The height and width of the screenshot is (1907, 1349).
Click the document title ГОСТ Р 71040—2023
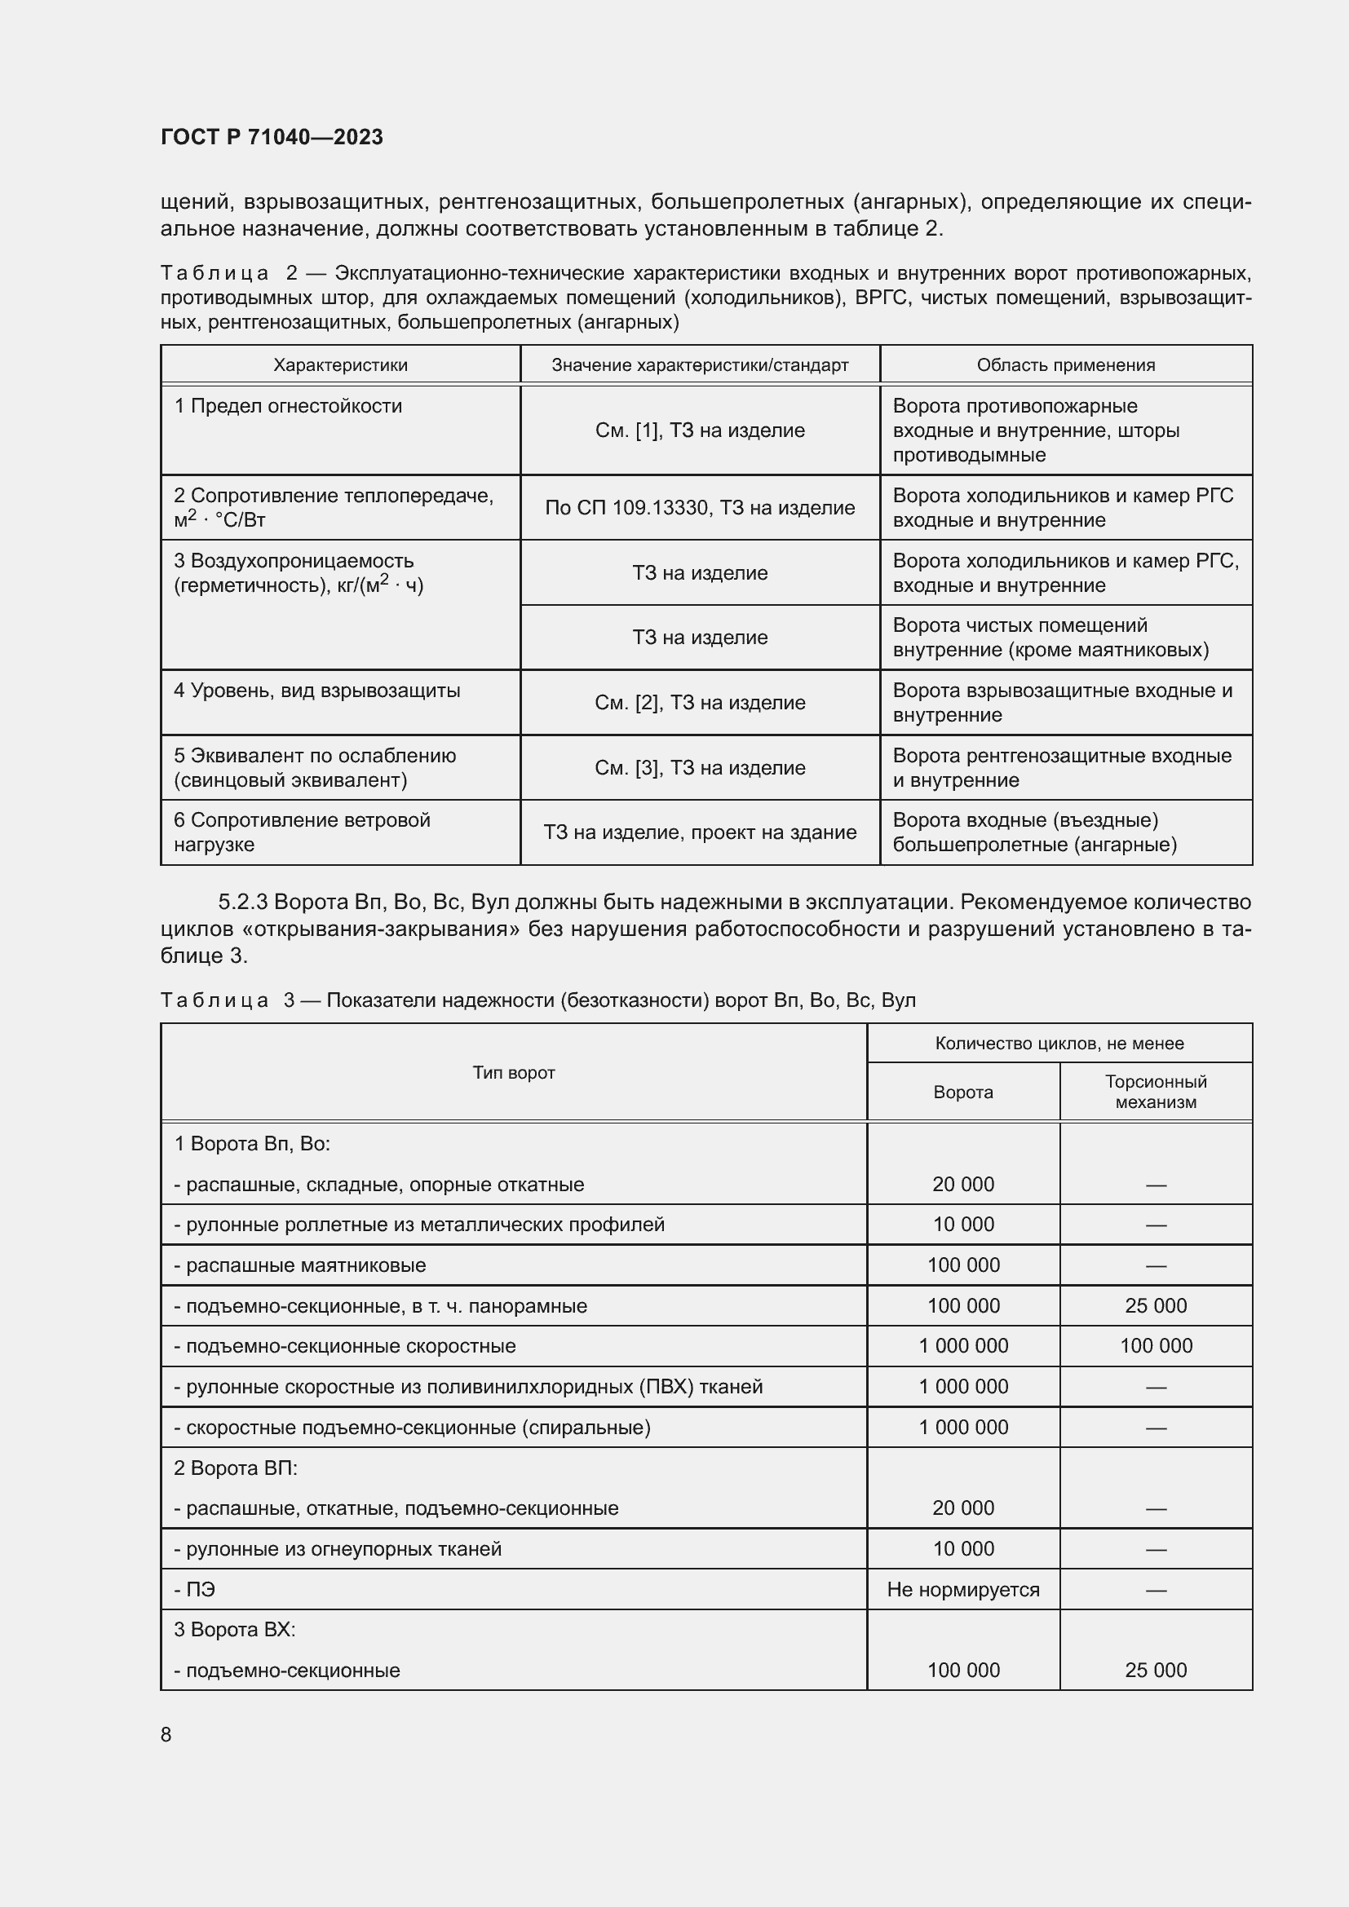(x=272, y=138)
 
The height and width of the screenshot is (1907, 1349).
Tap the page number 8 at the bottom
(x=166, y=1734)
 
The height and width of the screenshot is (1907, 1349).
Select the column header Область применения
(x=1066, y=364)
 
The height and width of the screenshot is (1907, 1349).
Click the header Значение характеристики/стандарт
(x=700, y=364)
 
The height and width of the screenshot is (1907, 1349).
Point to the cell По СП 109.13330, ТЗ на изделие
(x=700, y=507)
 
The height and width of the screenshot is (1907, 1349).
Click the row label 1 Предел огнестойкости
(x=287, y=406)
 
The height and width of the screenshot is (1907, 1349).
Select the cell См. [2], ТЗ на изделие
(x=700, y=703)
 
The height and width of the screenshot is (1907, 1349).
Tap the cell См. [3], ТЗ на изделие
(x=700, y=767)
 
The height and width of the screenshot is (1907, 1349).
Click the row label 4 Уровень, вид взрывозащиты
(x=316, y=691)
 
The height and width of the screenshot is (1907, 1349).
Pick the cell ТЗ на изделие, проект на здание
(x=700, y=832)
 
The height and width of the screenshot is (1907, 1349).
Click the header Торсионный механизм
(x=1156, y=1092)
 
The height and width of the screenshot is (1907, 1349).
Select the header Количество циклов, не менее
(x=1059, y=1044)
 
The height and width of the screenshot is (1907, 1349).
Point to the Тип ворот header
(x=513, y=1072)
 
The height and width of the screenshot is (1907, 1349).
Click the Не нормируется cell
(x=962, y=1589)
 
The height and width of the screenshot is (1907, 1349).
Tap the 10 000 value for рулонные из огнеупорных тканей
(x=962, y=1548)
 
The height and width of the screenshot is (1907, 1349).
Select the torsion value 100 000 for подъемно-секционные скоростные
(x=1156, y=1345)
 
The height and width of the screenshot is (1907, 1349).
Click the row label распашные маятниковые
(x=300, y=1265)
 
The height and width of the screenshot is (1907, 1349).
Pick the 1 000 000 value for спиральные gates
(x=962, y=1427)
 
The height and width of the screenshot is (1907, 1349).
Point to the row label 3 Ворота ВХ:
(x=234, y=1630)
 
